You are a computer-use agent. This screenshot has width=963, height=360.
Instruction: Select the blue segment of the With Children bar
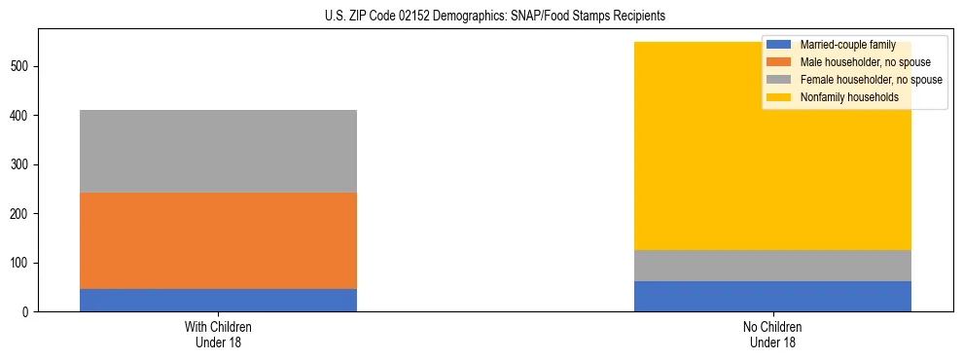pos(218,300)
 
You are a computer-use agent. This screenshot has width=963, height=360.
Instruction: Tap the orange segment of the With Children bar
pos(218,240)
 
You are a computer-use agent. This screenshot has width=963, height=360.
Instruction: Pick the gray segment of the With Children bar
pos(218,151)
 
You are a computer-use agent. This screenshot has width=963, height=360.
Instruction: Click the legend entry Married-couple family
pos(842,45)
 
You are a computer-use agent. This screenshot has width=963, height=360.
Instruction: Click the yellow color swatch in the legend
pos(779,97)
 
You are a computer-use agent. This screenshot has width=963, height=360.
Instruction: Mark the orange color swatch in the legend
pos(779,62)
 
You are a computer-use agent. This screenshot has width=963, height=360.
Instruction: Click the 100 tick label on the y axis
pos(22,263)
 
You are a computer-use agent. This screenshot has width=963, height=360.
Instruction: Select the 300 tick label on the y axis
pos(22,164)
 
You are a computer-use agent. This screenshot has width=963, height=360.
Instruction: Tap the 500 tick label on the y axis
pos(22,66)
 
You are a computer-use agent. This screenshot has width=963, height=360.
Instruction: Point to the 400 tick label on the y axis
pos(22,116)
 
